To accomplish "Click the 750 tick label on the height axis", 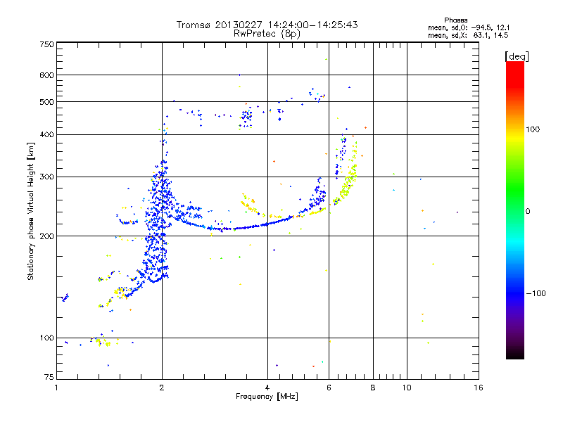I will [x=46, y=44].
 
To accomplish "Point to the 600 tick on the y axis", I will [x=46, y=75].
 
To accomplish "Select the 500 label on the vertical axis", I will [x=46, y=101].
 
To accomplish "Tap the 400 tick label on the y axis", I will [x=46, y=134].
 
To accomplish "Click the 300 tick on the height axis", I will [x=46, y=177].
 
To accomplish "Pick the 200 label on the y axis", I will [x=46, y=236].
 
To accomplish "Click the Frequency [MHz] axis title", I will [x=267, y=397].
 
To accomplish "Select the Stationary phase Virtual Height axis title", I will [x=31, y=211].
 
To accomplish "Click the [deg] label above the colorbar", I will [x=517, y=56].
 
